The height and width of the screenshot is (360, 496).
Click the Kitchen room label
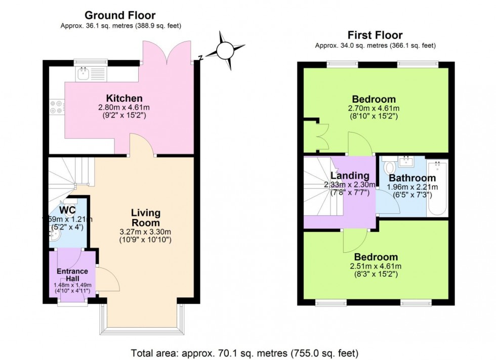124,98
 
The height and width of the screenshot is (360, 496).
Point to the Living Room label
146,217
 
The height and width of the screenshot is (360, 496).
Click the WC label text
67,209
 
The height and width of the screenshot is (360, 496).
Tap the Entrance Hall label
72,275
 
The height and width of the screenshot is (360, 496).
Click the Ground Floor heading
120,15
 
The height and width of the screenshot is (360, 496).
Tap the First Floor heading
375,35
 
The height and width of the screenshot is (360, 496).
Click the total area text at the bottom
245,352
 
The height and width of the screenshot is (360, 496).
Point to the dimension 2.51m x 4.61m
376,266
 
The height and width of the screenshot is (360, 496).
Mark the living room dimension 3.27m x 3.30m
146,232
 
